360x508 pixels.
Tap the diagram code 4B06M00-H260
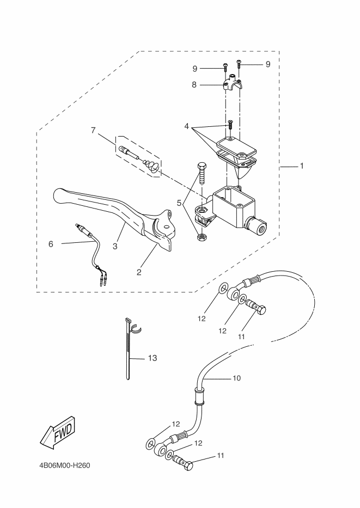(x=64, y=466)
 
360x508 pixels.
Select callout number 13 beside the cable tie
(x=152, y=358)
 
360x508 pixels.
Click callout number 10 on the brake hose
(x=236, y=377)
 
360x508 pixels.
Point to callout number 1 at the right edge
(x=301, y=166)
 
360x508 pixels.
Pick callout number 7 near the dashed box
(x=93, y=130)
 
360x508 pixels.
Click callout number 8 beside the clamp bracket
(x=193, y=84)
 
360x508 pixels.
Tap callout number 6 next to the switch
(x=51, y=244)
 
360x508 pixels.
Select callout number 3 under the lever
(x=115, y=246)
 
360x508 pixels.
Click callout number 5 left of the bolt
(x=179, y=203)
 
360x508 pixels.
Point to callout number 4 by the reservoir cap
(x=187, y=126)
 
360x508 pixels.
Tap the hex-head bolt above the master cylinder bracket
(x=203, y=173)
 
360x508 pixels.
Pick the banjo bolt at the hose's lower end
(x=184, y=464)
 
